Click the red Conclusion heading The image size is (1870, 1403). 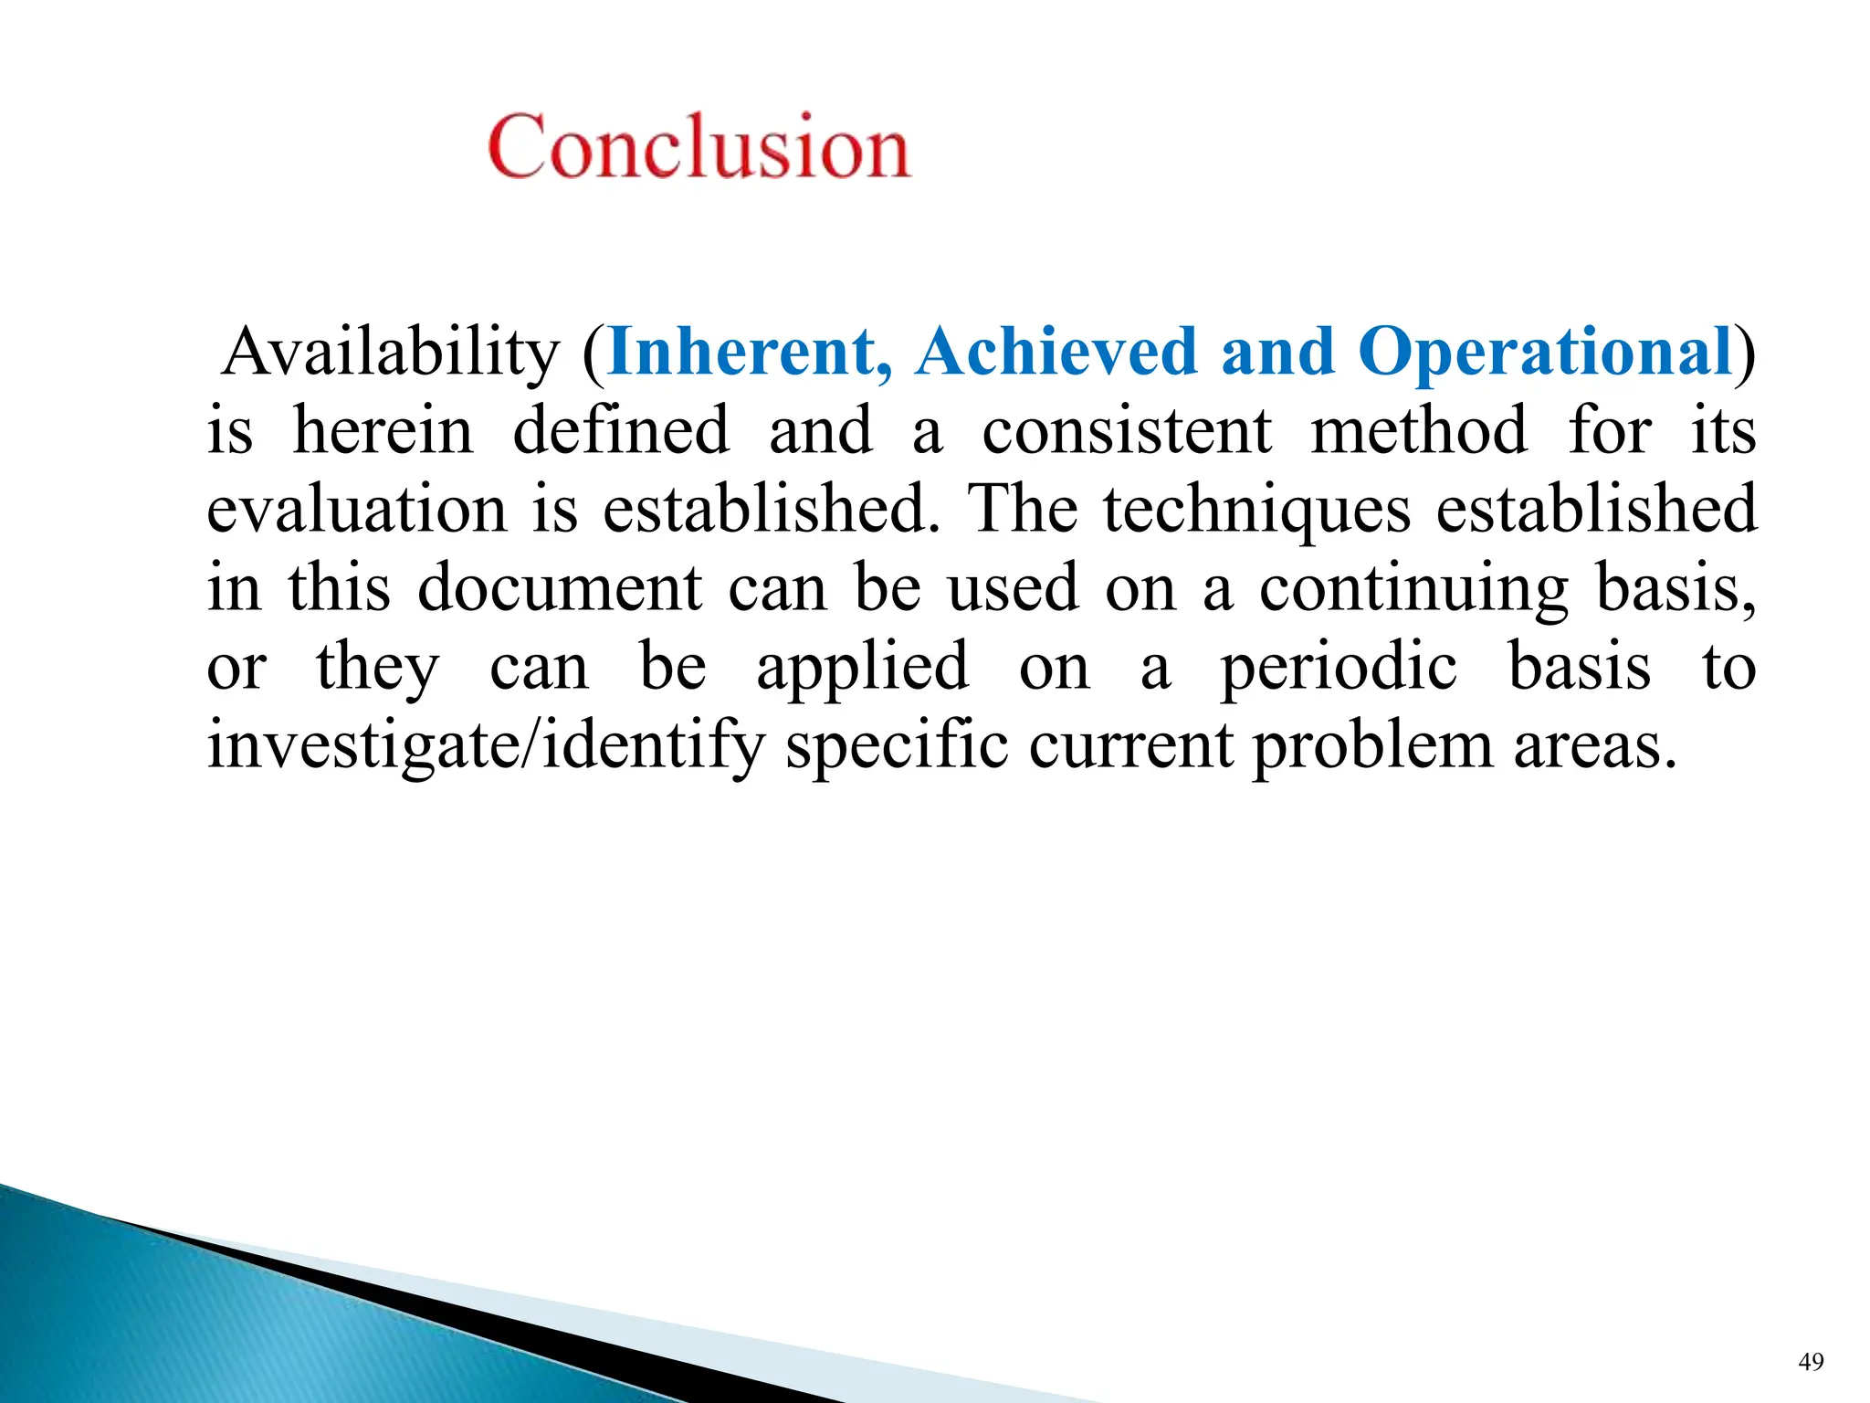click(x=699, y=146)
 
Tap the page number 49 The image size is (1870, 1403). click(x=1811, y=1362)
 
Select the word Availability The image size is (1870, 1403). click(x=391, y=353)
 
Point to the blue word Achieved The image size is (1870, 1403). click(x=1056, y=353)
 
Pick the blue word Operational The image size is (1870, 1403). click(x=1545, y=353)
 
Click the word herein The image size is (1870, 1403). click(x=383, y=431)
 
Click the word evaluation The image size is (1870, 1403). click(x=356, y=510)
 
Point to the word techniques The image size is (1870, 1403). click(x=1256, y=510)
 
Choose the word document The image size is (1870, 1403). click(x=560, y=588)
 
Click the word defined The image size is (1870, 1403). click(x=621, y=431)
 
